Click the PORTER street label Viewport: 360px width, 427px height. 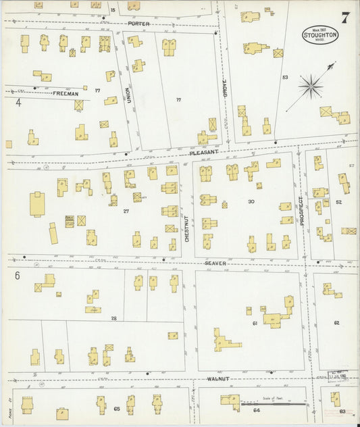138,24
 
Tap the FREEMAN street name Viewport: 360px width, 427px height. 66,93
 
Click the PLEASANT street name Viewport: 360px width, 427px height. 204,153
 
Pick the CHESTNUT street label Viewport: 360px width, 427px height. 188,228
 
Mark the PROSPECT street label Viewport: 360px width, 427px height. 302,210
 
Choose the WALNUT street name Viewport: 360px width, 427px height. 220,379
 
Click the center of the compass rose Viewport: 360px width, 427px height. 311,84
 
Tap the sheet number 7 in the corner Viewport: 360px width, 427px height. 345,17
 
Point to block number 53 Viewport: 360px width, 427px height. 285,77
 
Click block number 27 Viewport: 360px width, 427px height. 126,211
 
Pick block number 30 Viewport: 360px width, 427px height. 251,201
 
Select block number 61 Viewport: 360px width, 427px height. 255,323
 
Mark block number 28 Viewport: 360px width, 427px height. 113,318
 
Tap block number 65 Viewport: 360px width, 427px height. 116,409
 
